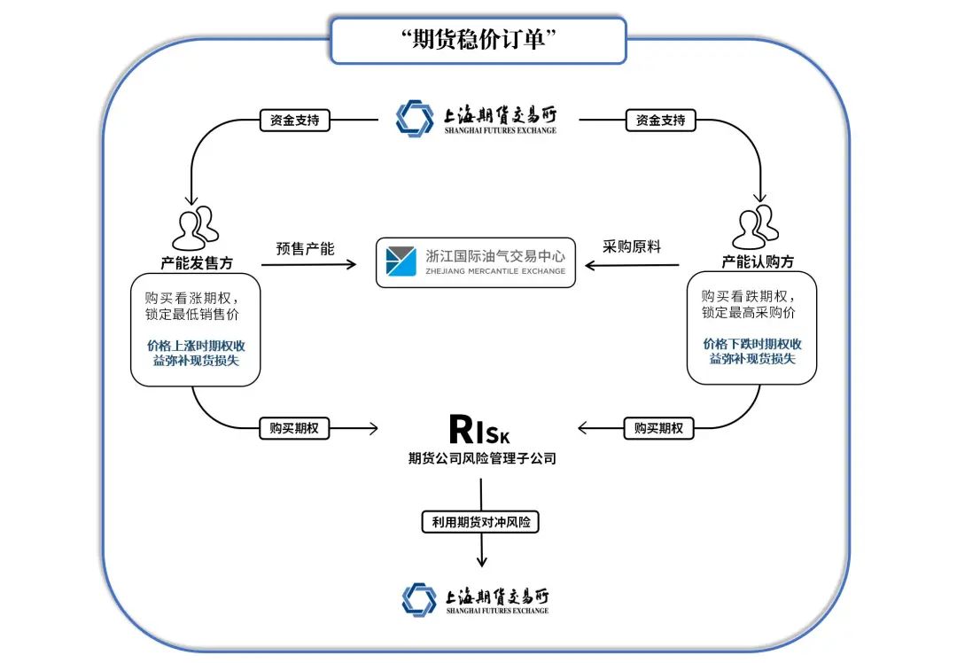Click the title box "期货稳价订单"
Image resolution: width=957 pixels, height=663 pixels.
pyautogui.click(x=478, y=41)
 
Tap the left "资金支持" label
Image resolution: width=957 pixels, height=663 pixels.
pyautogui.click(x=294, y=120)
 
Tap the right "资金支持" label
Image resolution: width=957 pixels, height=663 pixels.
pyautogui.click(x=660, y=120)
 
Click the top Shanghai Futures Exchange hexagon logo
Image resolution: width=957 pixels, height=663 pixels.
pyautogui.click(x=415, y=119)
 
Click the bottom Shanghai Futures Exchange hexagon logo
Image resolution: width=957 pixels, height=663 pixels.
pyautogui.click(x=419, y=599)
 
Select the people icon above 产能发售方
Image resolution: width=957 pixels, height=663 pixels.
pyautogui.click(x=195, y=229)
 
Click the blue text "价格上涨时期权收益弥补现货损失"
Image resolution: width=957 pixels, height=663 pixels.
pyautogui.click(x=196, y=352)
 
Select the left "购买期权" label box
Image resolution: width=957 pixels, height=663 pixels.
pyautogui.click(x=294, y=428)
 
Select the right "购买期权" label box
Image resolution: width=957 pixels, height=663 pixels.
pyautogui.click(x=658, y=428)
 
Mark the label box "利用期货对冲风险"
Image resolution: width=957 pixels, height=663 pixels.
pyautogui.click(x=480, y=522)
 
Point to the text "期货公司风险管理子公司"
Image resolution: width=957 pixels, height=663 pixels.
pyautogui.click(x=481, y=459)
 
